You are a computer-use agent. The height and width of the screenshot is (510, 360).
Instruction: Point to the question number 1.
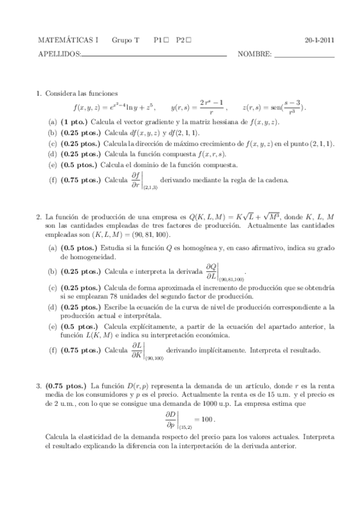click(39, 93)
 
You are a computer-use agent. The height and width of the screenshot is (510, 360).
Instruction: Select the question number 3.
click(39, 386)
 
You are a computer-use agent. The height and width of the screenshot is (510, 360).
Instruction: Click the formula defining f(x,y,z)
click(114, 108)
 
